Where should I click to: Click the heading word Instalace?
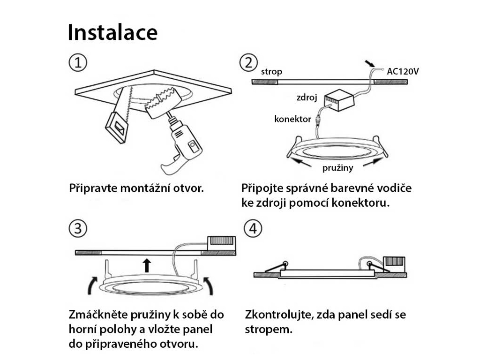pos(112,32)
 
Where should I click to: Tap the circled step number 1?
pos(78,63)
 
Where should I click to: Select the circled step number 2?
pos(248,63)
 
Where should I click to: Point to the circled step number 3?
pos(78,229)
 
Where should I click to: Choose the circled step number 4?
pos(253,229)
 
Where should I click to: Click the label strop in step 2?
pos(271,72)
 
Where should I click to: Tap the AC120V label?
pos(403,71)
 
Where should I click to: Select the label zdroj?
pos(307,97)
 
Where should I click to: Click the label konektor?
pos(292,119)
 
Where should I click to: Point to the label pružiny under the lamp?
pos(337,168)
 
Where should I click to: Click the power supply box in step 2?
pos(340,100)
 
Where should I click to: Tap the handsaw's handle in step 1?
pos(117,127)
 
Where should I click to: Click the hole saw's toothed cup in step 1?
pos(159,102)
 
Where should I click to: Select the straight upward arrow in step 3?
pos(147,265)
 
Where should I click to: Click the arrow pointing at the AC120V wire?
pos(370,63)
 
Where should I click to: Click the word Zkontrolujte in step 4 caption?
pos(279,315)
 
